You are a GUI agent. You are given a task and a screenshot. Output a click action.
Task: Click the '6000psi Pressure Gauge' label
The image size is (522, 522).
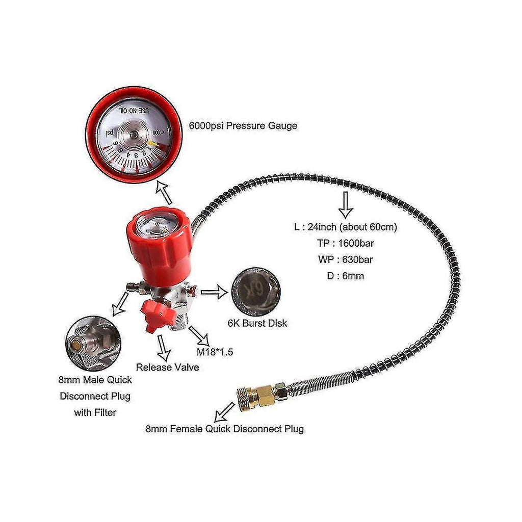click(243, 126)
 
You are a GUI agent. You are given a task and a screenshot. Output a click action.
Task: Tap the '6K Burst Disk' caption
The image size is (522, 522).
click(257, 323)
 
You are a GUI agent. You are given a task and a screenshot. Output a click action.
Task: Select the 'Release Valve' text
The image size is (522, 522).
click(167, 367)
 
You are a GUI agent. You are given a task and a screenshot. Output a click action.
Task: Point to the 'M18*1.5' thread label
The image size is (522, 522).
click(215, 352)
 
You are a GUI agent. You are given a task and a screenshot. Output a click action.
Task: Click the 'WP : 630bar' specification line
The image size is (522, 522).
click(346, 259)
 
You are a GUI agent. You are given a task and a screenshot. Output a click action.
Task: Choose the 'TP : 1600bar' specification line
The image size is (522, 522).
click(346, 243)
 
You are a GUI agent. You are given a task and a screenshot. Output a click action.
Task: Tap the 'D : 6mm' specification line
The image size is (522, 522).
click(346, 276)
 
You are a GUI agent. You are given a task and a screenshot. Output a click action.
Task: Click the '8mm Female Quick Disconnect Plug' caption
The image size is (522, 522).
click(225, 429)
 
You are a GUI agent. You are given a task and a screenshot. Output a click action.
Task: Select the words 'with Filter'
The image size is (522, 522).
click(95, 412)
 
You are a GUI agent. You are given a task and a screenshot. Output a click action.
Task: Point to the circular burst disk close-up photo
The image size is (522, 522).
click(256, 292)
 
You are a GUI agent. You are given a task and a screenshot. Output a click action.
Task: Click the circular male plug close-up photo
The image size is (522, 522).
click(93, 343)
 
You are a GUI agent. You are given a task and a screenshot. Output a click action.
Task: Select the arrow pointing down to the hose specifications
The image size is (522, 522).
click(346, 205)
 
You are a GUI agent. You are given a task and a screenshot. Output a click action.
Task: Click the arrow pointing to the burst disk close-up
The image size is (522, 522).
click(215, 292)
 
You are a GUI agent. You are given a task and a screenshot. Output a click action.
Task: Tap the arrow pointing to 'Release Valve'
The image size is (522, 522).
click(163, 348)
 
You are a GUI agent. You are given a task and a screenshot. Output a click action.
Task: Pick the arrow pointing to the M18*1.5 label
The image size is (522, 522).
click(199, 336)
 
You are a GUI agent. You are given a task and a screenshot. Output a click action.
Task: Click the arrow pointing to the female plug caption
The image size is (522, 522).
click(224, 412)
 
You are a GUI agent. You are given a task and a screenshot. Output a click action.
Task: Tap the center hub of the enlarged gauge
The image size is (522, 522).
click(133, 135)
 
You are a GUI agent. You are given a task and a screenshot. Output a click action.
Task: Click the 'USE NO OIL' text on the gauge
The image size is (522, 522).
click(134, 110)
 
